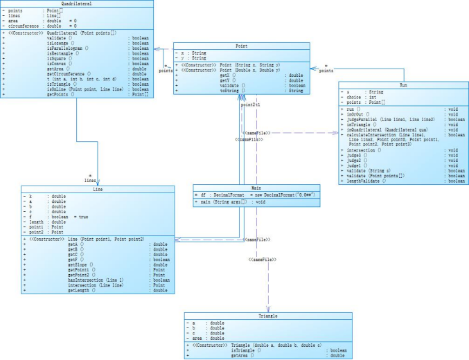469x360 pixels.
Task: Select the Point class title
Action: [x=241, y=46]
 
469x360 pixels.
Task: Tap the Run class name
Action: [x=402, y=84]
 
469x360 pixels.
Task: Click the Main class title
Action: [x=256, y=188]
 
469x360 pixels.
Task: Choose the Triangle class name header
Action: [x=267, y=315]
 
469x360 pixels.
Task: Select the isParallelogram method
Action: [x=67, y=48]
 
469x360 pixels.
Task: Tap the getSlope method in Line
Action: [x=78, y=264]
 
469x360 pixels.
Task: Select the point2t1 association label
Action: [x=250, y=105]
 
